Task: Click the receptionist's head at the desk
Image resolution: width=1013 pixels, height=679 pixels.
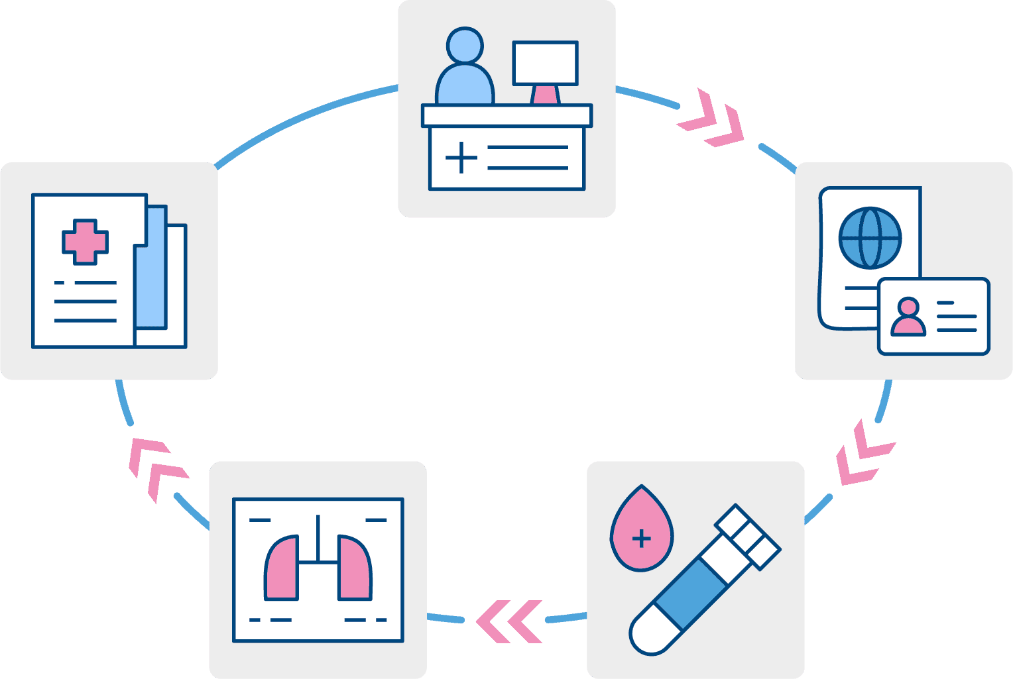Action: tap(464, 46)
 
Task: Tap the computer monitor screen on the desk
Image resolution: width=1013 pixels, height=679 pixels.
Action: tap(545, 63)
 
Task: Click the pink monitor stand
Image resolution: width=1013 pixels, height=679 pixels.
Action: tap(546, 95)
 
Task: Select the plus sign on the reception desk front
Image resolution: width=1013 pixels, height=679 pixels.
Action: tap(461, 158)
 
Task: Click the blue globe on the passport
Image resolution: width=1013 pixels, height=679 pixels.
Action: tap(870, 238)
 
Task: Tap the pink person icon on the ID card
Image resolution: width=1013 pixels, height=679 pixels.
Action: tap(908, 317)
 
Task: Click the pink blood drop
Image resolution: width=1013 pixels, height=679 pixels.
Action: tap(640, 530)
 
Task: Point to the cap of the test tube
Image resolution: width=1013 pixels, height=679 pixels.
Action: tap(747, 537)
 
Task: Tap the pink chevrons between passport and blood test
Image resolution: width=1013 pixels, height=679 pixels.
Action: tap(862, 454)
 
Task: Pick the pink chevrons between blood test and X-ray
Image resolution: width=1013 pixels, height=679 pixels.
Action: tap(509, 621)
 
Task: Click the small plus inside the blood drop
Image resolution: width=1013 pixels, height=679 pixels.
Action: tap(641, 539)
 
